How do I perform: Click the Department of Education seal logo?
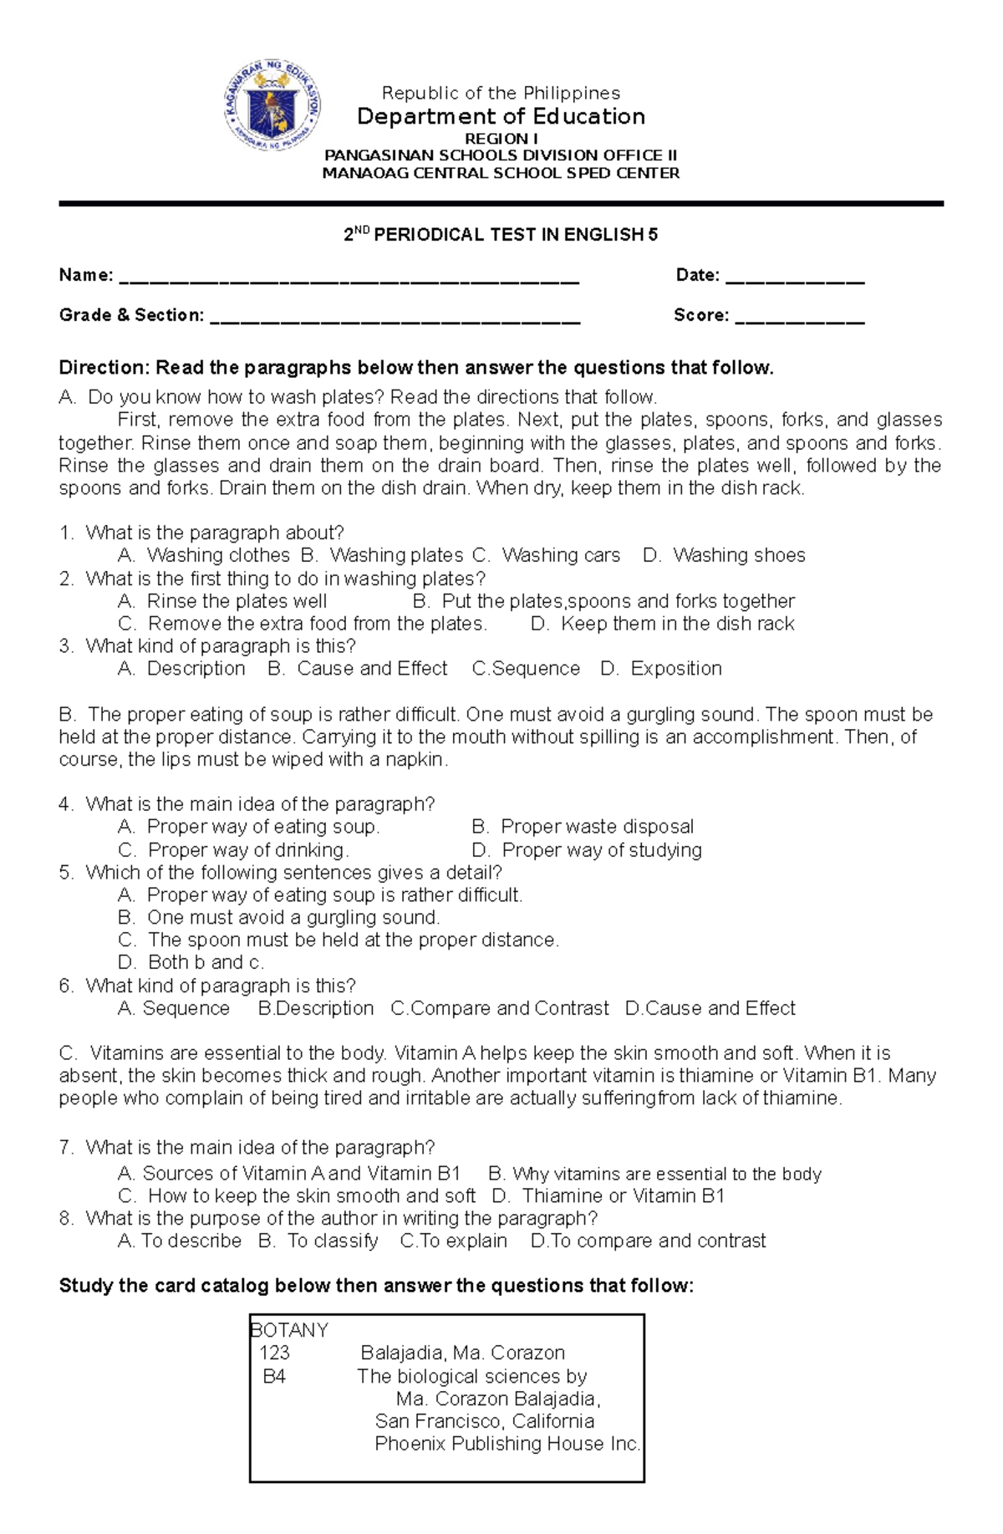coord(273,114)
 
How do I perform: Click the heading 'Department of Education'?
coord(501,116)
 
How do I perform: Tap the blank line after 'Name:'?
coord(349,277)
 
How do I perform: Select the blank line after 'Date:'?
coord(794,277)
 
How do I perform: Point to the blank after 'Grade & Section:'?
coord(395,317)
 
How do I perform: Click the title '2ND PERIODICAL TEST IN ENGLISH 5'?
coord(501,235)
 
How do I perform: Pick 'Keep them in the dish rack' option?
coord(677,624)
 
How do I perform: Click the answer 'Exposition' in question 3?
coord(675,669)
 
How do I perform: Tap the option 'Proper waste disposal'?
coord(597,827)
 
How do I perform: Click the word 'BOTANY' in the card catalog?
coord(289,1330)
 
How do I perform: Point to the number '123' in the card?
coord(274,1353)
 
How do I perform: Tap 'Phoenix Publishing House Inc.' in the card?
coord(507,1444)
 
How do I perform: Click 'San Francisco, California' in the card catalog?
coord(485,1421)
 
